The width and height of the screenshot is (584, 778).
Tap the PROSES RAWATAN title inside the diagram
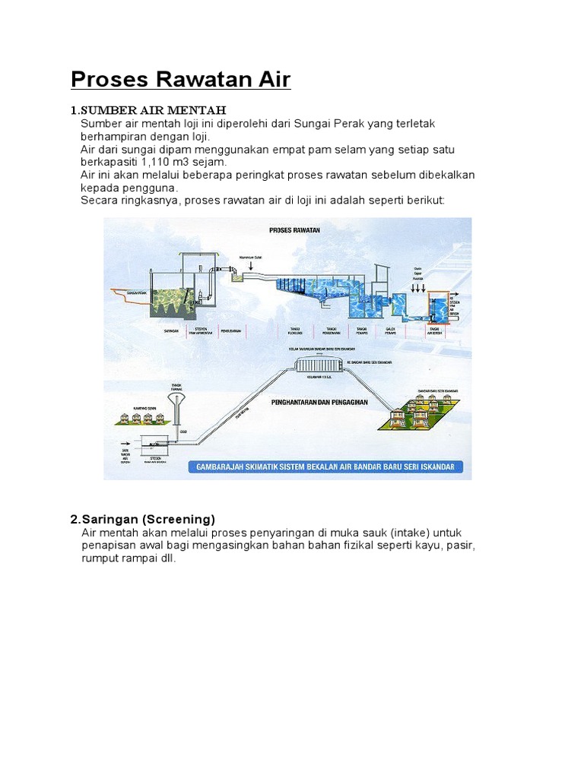click(294, 229)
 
